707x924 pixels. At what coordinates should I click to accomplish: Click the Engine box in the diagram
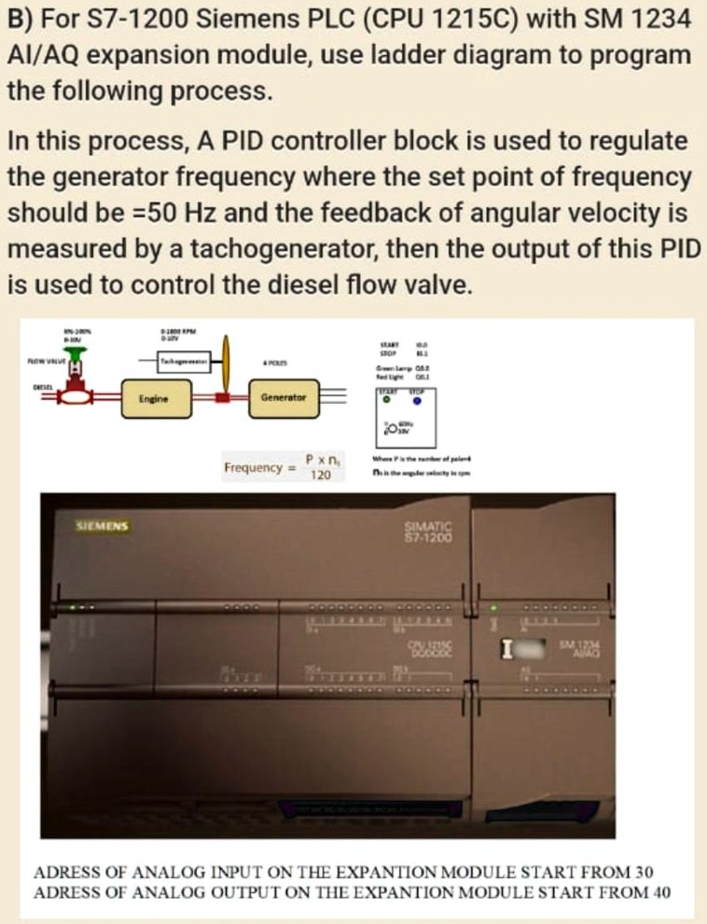click(153, 398)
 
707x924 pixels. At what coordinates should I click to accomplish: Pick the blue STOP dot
click(418, 402)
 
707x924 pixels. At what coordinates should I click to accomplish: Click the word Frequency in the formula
click(253, 466)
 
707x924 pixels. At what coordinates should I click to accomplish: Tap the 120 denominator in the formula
click(321, 475)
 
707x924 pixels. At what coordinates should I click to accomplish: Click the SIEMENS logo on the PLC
click(103, 526)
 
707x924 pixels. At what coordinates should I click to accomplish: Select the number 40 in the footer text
click(658, 890)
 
